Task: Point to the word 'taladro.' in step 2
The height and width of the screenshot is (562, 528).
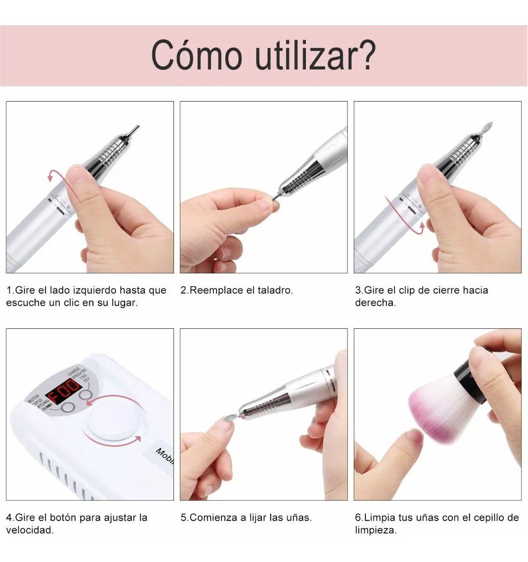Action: click(275, 290)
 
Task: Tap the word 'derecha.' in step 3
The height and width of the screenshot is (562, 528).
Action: click(376, 303)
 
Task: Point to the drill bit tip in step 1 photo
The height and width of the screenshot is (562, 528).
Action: click(134, 129)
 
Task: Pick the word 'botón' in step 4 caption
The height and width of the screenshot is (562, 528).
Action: click(62, 518)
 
